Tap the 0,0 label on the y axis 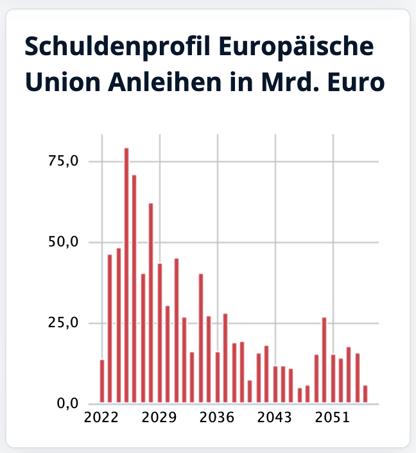tap(67, 404)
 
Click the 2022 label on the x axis tap(101, 418)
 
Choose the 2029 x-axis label tap(159, 418)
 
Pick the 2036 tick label tap(217, 418)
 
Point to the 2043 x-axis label tap(275, 418)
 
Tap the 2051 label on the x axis tap(333, 418)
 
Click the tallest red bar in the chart tap(126, 276)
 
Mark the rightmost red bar tap(365, 395)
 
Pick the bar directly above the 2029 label tap(159, 334)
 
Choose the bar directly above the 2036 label tap(217, 378)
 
